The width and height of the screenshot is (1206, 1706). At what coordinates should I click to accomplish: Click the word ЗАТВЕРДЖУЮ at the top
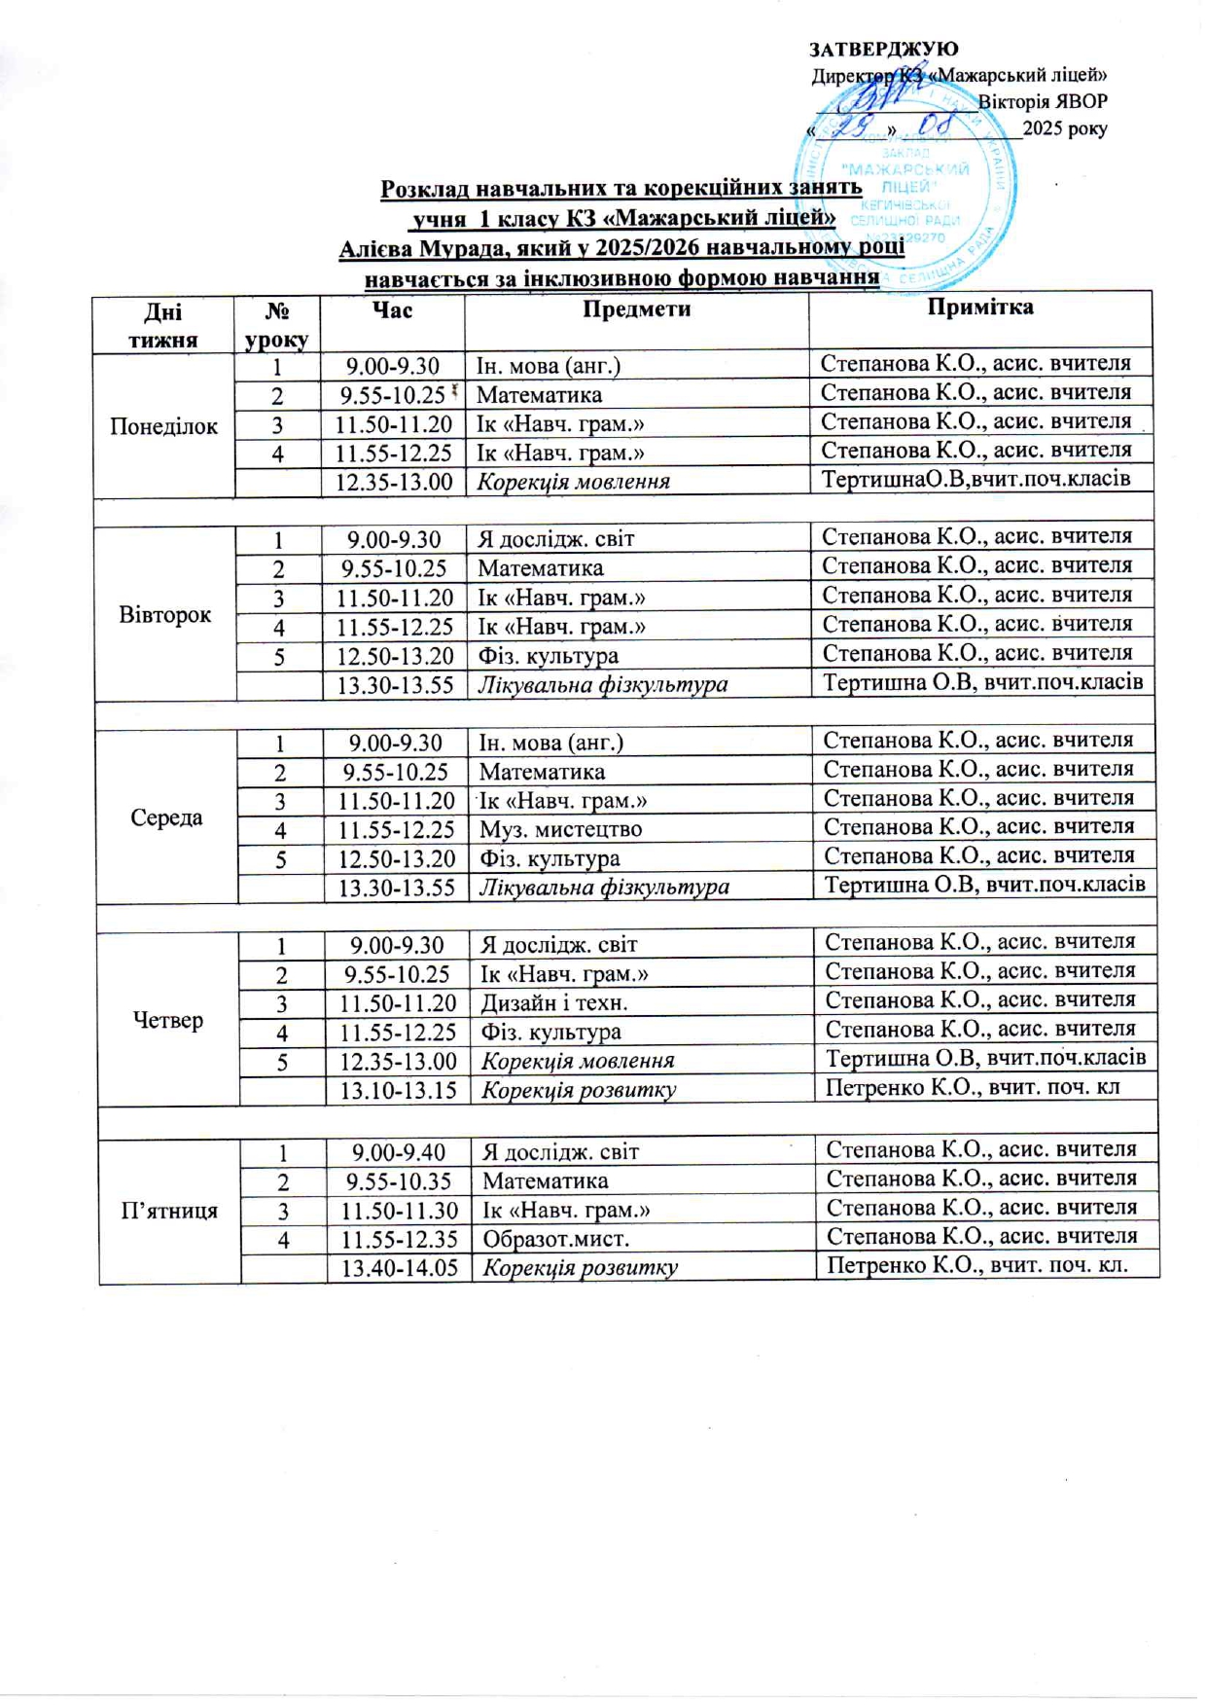883,49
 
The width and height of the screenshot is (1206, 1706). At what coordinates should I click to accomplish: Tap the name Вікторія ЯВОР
1042,101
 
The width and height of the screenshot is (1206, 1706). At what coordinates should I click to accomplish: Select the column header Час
392,309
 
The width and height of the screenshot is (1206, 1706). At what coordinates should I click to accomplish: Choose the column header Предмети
636,309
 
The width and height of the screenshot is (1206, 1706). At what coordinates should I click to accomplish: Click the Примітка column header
979,308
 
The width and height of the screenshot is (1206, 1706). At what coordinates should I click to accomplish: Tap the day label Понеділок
164,426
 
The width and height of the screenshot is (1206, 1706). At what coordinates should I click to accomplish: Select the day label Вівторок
165,615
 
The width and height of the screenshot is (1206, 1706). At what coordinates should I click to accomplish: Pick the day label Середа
166,817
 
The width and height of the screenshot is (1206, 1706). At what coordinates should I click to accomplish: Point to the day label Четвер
168,1020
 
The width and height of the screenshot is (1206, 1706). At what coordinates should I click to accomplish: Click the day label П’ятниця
169,1211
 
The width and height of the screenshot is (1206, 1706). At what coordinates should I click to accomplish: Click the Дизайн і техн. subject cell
554,1002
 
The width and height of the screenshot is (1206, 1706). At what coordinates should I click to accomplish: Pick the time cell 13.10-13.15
398,1090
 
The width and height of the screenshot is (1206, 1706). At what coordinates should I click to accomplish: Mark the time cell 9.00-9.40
399,1152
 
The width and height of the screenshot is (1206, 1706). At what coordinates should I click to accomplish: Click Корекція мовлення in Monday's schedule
573,482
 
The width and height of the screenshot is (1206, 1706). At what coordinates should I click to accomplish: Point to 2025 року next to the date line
1065,128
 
